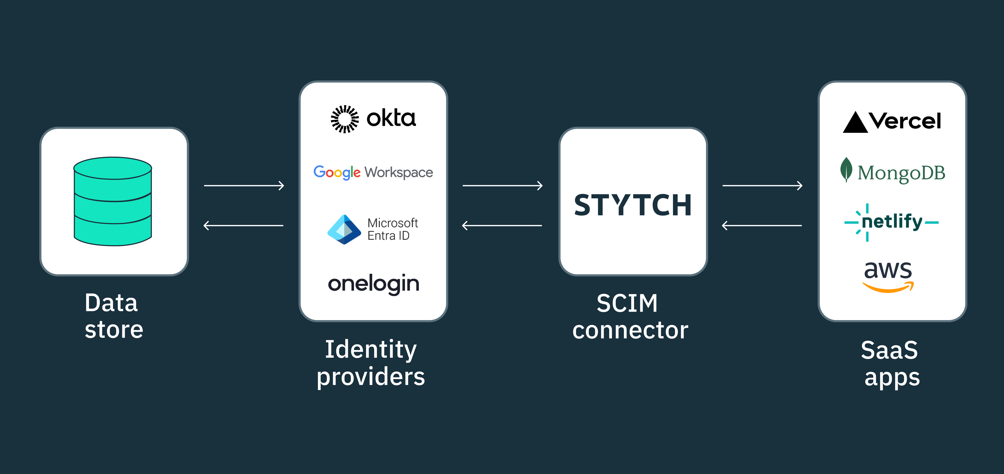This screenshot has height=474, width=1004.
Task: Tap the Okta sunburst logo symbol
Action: point(345,119)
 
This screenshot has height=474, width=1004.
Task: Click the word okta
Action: point(391,118)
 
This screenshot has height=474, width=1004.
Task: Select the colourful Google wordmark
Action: point(337,172)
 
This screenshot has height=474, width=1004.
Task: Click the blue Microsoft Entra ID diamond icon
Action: point(344,230)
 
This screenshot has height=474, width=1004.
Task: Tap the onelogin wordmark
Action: point(373,284)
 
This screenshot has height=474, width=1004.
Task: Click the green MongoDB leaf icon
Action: point(846,170)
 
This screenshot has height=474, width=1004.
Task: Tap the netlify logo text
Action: point(892,221)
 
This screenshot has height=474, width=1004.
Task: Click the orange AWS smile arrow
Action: point(888,288)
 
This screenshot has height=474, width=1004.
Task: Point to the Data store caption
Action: point(113,316)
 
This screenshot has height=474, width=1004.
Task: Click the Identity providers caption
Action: point(371,363)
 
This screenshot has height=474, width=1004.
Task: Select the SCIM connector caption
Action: point(630,317)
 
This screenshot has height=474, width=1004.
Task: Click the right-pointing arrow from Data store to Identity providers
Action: point(244,186)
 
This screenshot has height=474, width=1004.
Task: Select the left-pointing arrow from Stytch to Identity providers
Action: point(502,225)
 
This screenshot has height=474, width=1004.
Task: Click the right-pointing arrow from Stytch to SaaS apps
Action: point(762,186)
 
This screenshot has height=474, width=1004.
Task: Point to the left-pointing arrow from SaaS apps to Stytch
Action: point(762,225)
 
